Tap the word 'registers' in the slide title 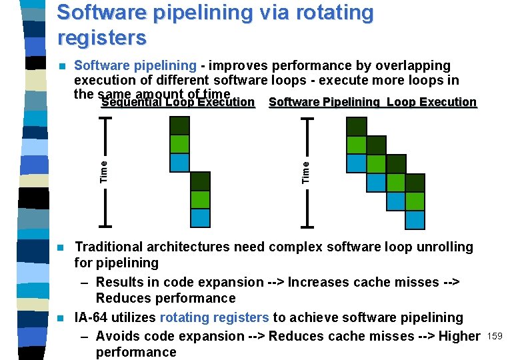pos(101,37)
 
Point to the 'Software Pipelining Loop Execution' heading pos(372,103)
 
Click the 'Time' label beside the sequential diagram pos(103,171)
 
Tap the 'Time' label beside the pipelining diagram pos(306,171)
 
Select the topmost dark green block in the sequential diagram pos(180,126)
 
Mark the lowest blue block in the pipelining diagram pos(415,219)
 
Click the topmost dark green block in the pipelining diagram pos(356,126)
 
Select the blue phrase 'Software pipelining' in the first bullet pos(135,66)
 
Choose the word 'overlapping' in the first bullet pos(413,66)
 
